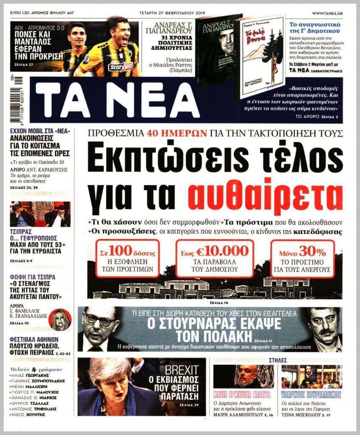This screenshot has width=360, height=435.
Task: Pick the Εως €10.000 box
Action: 214,258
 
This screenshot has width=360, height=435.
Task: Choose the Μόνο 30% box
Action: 302,258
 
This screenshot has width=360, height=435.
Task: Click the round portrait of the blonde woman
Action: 61,319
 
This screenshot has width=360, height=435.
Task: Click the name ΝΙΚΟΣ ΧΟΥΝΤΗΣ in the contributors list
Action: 31,414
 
